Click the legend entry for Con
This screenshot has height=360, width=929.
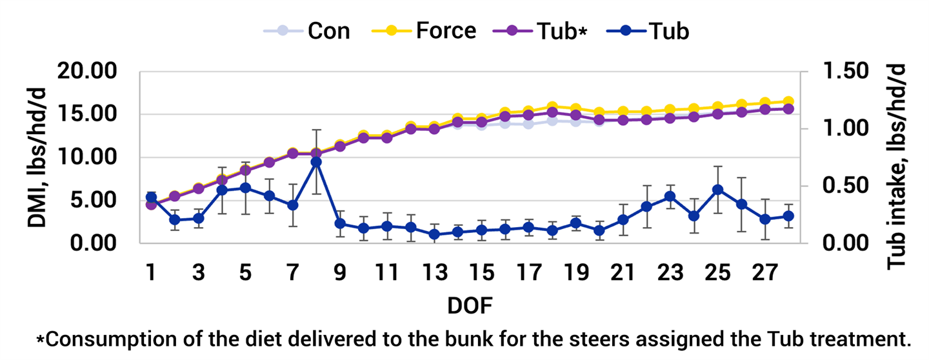coord(328,30)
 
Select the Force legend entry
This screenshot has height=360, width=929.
coord(446,30)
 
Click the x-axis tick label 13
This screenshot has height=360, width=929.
coord(434,274)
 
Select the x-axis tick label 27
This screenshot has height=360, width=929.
coord(764,274)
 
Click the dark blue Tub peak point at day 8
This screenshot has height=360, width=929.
coord(316,162)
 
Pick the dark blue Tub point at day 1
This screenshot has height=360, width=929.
coord(152,197)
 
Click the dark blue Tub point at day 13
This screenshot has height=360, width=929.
coord(434,234)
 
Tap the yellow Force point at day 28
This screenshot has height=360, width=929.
coord(788,102)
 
